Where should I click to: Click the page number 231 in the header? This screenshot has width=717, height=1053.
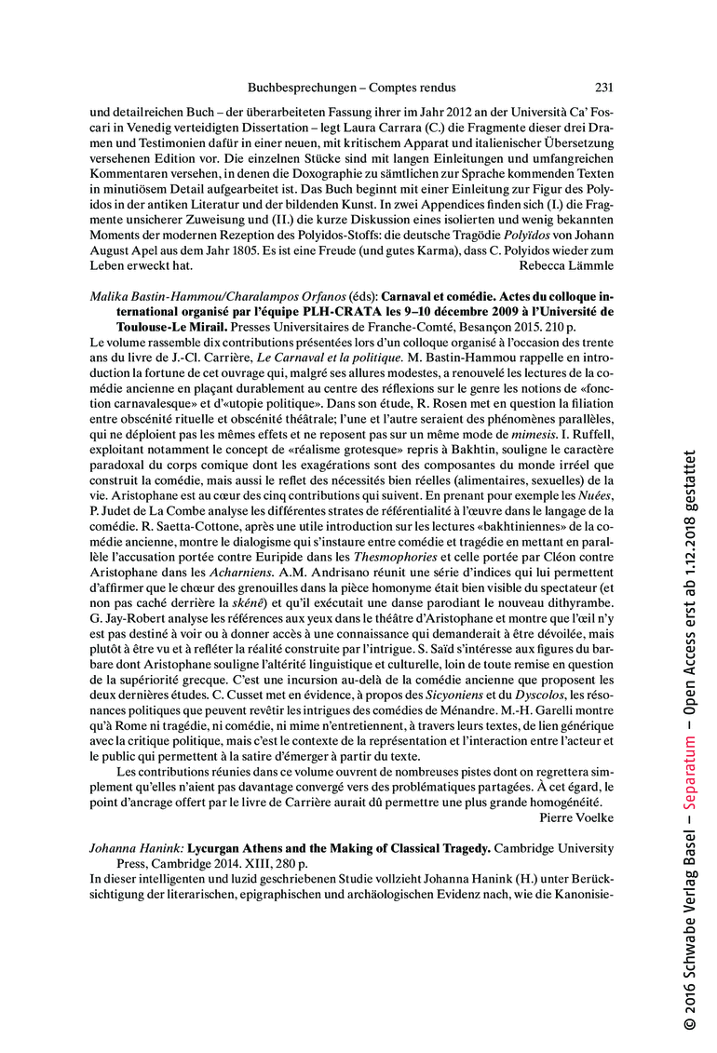pos(603,88)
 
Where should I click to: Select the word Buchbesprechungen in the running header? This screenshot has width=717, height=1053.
pos(303,88)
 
